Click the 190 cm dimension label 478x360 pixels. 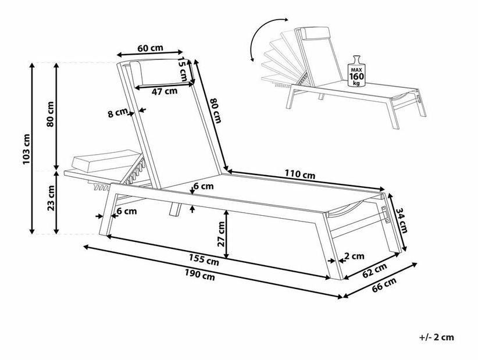(199, 275)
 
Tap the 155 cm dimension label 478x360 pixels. (204, 259)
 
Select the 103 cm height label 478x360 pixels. (27, 149)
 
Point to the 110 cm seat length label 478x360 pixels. (300, 174)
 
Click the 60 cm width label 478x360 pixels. (150, 48)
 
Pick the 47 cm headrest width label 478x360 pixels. (165, 91)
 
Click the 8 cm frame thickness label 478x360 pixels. (117, 113)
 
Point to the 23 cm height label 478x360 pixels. (51, 198)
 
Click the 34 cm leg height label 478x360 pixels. (402, 220)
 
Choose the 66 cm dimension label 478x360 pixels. (384, 284)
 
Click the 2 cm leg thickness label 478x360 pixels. (355, 256)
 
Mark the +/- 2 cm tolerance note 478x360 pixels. (436, 337)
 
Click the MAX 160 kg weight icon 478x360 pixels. (356, 72)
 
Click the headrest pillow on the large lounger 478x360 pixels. (137, 73)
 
